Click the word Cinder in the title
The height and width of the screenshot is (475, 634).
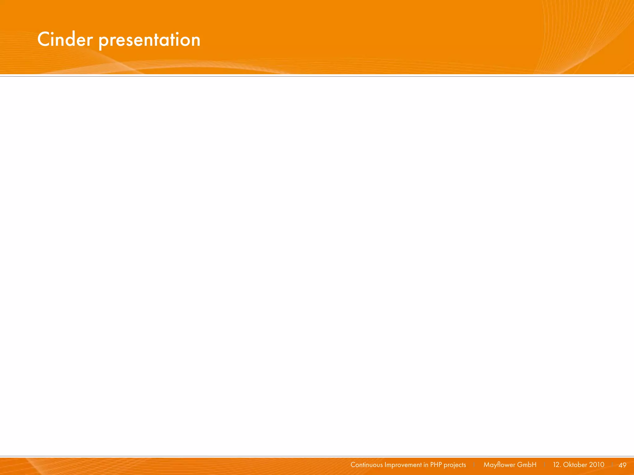(x=65, y=40)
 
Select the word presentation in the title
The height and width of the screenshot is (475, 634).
(x=150, y=40)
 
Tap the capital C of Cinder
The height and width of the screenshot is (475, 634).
(x=44, y=40)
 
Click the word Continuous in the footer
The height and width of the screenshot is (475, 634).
(x=367, y=465)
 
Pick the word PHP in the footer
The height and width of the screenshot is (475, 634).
(x=436, y=465)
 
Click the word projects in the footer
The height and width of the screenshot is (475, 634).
(x=455, y=465)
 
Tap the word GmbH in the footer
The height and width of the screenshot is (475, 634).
(x=527, y=465)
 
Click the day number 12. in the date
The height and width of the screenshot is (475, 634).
(x=557, y=465)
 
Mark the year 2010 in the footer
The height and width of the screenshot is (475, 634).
(x=597, y=465)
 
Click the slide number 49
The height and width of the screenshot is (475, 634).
(x=623, y=465)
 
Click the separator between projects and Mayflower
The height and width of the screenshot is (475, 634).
(x=474, y=465)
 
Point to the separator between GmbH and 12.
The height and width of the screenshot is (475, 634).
(x=545, y=465)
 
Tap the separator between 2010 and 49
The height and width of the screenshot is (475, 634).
(x=612, y=465)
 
